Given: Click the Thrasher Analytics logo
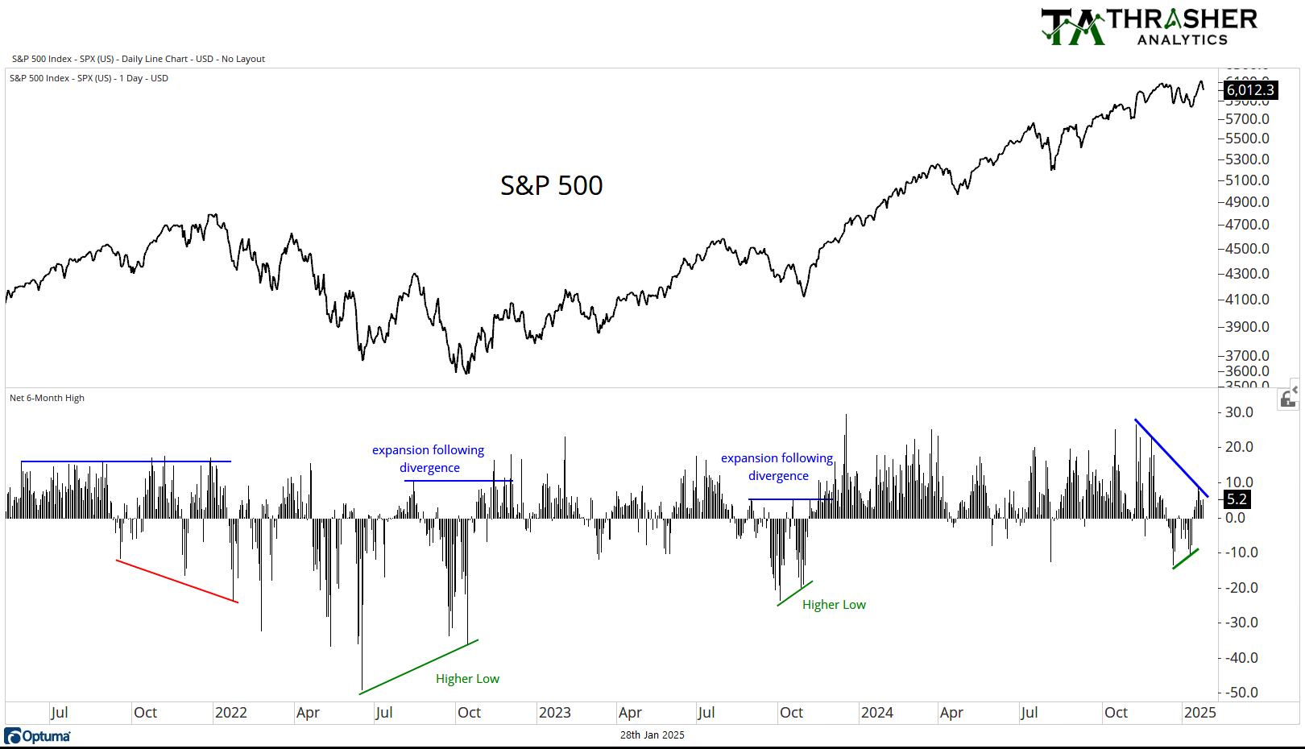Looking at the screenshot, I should point(1150,27).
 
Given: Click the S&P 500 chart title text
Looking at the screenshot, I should point(551,186).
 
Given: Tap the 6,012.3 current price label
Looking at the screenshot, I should point(1250,90).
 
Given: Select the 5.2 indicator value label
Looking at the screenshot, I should point(1237,499).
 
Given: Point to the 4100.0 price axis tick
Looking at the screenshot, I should point(1247,300).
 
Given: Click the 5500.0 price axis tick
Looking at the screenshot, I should point(1247,139).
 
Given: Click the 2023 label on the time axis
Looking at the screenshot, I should point(554,713).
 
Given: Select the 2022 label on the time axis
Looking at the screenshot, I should point(230,713).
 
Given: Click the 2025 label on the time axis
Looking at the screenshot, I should point(1199,713).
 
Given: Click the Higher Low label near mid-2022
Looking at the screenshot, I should point(467,679).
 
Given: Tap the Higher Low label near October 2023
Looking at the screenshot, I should point(834,605).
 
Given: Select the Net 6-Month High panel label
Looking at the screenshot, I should point(47,398).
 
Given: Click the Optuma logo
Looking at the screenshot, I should point(37,736).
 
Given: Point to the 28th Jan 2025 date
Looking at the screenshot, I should point(652,735).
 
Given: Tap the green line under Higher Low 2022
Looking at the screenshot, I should point(419,667).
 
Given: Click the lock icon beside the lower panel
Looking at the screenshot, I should point(1287,399).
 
